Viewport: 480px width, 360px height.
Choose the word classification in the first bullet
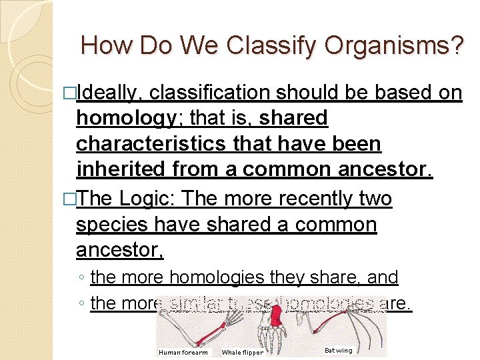[x=209, y=93]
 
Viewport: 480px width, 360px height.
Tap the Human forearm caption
[x=183, y=352]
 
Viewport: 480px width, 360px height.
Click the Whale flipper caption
[x=242, y=352]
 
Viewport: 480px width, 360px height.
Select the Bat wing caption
[x=338, y=350]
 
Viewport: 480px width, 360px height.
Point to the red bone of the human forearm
[x=214, y=329]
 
